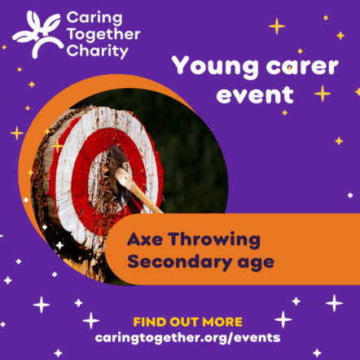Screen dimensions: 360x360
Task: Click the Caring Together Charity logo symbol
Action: click(x=37, y=34)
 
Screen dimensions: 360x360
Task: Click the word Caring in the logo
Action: click(x=94, y=19)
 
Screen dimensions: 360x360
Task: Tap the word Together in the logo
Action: click(x=103, y=35)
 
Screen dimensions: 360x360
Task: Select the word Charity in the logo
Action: click(x=97, y=51)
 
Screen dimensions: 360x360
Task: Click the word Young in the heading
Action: click(x=215, y=67)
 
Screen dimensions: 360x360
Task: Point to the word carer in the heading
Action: click(x=302, y=67)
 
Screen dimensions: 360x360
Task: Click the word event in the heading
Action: click(x=255, y=94)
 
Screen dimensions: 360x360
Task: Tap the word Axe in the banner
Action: click(x=145, y=239)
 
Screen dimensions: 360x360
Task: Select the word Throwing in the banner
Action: click(x=214, y=240)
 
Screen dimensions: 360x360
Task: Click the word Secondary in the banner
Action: click(x=180, y=262)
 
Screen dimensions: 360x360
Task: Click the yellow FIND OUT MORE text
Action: click(x=187, y=323)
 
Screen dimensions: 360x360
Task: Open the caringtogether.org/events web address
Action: click(x=187, y=338)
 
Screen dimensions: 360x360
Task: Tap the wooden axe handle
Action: click(x=138, y=190)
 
